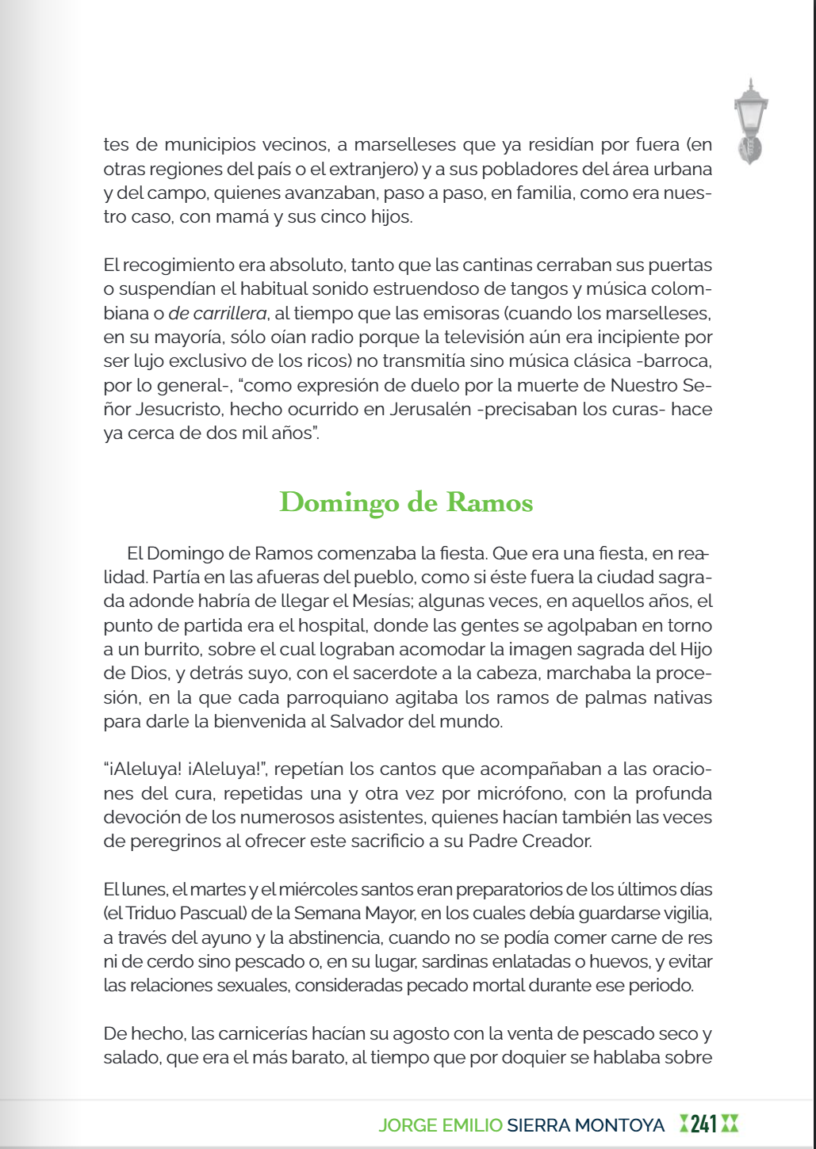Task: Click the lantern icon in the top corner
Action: pyautogui.click(x=751, y=120)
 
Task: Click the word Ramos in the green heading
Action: pyautogui.click(x=489, y=502)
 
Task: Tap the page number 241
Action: pyautogui.click(x=703, y=1124)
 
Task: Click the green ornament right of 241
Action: pyautogui.click(x=730, y=1124)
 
